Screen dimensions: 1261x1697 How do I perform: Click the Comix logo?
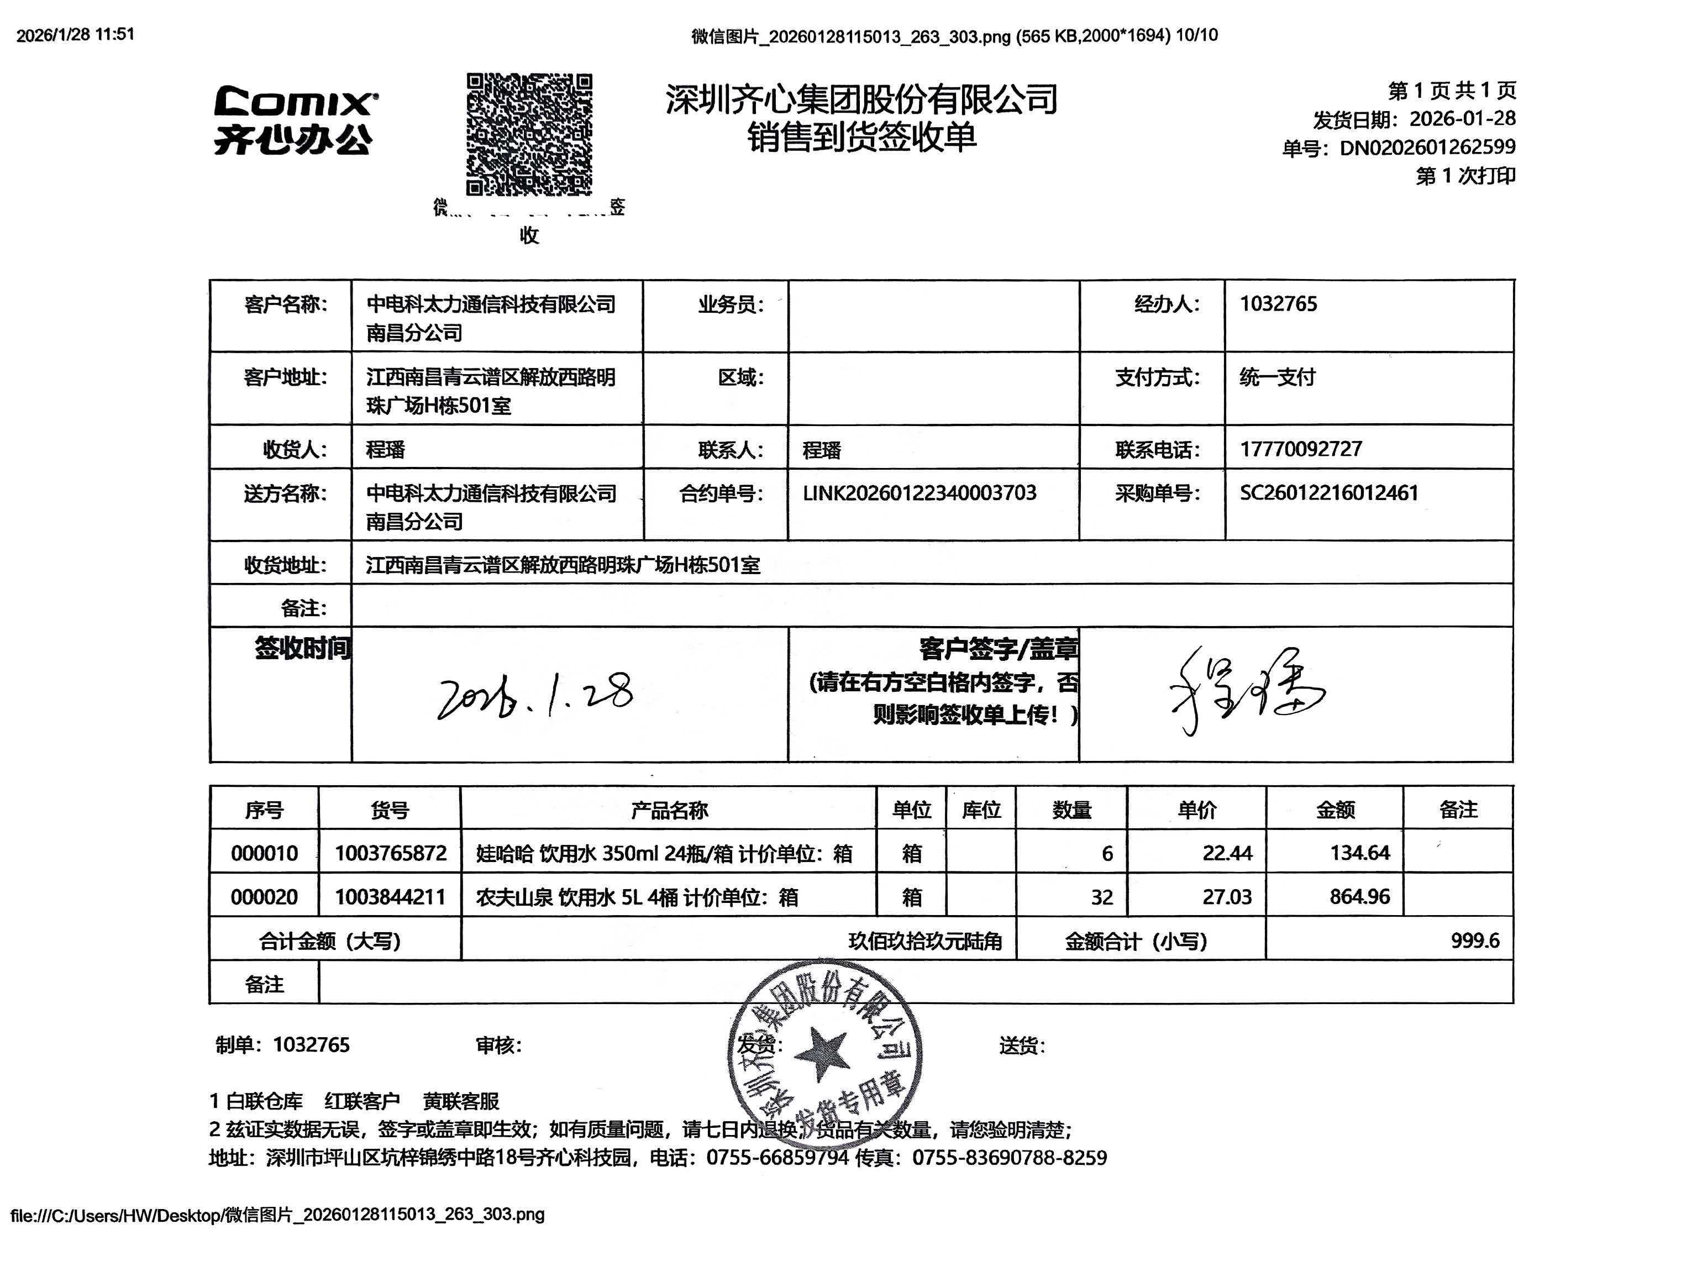coord(295,120)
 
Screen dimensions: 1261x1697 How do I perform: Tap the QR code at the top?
coord(528,134)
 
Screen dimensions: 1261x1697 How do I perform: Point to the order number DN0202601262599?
coord(1427,148)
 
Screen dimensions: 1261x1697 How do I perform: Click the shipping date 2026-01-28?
coord(1461,119)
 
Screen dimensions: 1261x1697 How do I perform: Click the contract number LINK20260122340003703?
coord(919,493)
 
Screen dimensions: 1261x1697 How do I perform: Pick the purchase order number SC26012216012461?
coord(1328,493)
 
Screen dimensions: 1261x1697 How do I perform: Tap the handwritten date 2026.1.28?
coord(534,694)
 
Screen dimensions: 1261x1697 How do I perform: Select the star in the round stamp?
coord(822,1054)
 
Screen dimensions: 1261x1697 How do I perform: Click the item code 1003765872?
coord(390,853)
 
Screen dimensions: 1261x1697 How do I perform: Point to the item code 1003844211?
coord(390,897)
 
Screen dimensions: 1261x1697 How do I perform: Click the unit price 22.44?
coord(1227,853)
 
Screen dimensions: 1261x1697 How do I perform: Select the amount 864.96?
coord(1359,897)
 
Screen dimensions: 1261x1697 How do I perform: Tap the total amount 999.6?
coord(1474,941)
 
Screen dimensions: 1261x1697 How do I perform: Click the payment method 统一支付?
coord(1277,377)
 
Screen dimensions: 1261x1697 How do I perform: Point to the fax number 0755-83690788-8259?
coord(1009,1158)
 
